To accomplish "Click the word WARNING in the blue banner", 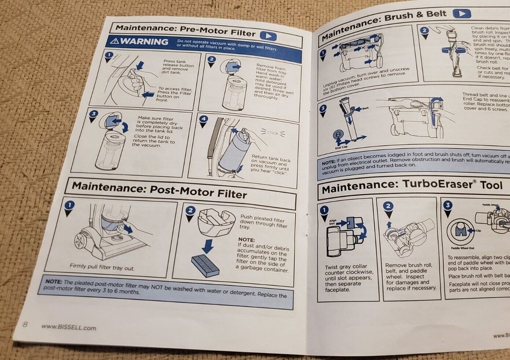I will tap(140, 41).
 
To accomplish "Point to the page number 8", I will tap(24, 324).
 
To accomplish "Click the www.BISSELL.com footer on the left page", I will tap(69, 327).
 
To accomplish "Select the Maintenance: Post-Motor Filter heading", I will tap(159, 190).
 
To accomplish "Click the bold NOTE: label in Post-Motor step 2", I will tap(246, 239).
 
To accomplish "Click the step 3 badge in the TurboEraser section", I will tap(448, 205).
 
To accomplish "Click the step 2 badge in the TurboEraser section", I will tap(388, 207).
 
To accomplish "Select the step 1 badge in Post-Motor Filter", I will tap(70, 205).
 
